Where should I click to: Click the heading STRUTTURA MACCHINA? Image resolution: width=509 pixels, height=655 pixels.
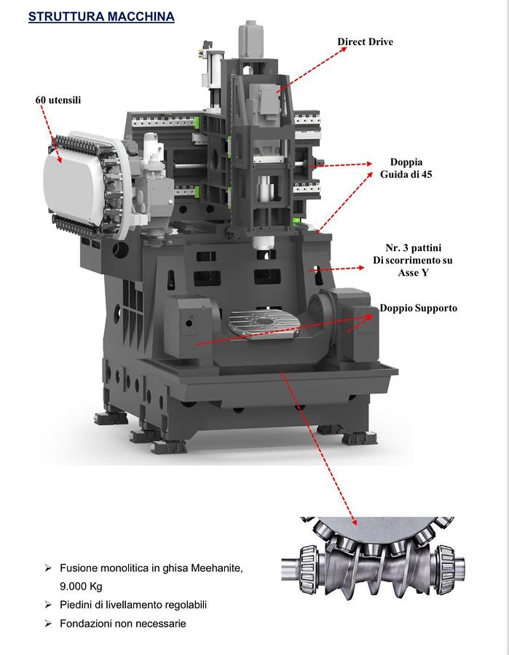tap(101, 17)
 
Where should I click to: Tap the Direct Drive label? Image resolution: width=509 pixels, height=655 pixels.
tap(365, 42)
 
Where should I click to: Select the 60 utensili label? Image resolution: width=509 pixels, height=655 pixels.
tap(58, 100)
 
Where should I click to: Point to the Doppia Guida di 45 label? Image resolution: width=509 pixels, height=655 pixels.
tap(406, 168)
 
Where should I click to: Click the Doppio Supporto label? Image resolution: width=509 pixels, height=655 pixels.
tap(418, 309)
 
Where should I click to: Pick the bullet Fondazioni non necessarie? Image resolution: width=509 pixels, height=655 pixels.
tap(122, 624)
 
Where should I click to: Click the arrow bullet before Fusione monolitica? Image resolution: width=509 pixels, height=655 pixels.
tap(48, 568)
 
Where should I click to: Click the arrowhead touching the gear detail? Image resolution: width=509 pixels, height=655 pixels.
tap(354, 520)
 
